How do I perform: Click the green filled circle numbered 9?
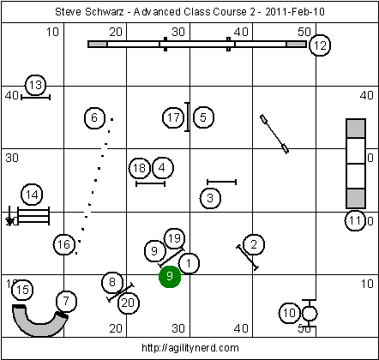pyautogui.click(x=170, y=276)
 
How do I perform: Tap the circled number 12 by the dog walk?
pyautogui.click(x=320, y=45)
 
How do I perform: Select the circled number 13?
pyautogui.click(x=36, y=85)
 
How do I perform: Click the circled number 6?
pyautogui.click(x=94, y=117)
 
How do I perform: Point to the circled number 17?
pyautogui.click(x=173, y=117)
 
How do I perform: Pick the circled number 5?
pyautogui.click(x=203, y=117)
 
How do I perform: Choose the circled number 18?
pyautogui.click(x=140, y=168)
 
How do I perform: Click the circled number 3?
pyautogui.click(x=210, y=198)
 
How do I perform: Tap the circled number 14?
pyautogui.click(x=32, y=195)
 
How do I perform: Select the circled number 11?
pyautogui.click(x=355, y=220)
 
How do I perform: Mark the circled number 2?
pyautogui.click(x=254, y=244)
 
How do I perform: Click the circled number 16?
pyautogui.click(x=63, y=244)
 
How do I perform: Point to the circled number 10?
pyautogui.click(x=289, y=313)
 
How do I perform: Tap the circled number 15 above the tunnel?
pyautogui.click(x=22, y=290)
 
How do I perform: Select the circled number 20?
pyautogui.click(x=129, y=303)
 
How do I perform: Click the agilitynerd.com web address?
pyautogui.click(x=190, y=348)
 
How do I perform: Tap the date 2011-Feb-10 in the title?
pyautogui.click(x=295, y=12)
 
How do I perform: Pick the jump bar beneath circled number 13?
pyautogui.click(x=36, y=98)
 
